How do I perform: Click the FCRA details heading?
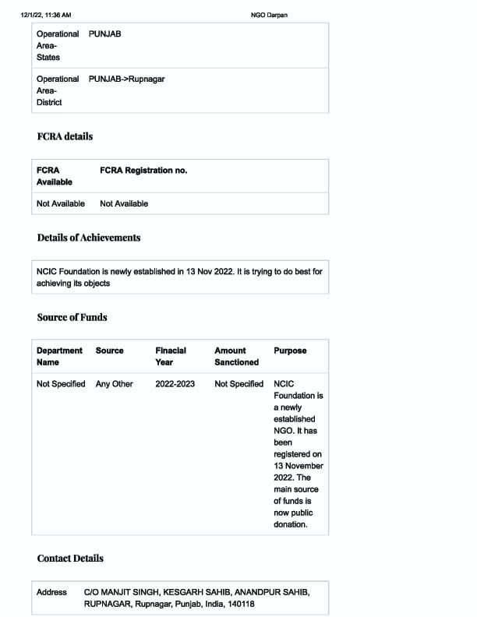(x=65, y=136)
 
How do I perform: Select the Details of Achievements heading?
(x=89, y=238)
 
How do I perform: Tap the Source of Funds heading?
(x=72, y=317)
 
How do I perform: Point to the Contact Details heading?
(x=70, y=559)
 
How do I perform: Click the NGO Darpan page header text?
(x=269, y=16)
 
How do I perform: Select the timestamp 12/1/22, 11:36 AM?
(x=46, y=16)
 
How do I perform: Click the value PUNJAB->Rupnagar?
(x=126, y=79)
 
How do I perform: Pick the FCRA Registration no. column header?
(x=143, y=170)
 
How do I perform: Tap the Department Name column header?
(x=59, y=356)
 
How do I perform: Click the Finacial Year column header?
(x=171, y=356)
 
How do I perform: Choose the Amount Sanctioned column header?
(x=236, y=356)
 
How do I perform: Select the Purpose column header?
(x=290, y=351)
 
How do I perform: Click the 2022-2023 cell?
(x=175, y=384)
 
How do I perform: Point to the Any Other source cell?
(x=114, y=384)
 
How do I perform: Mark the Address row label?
(x=51, y=592)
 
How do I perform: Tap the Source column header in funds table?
(x=109, y=351)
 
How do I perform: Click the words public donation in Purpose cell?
(x=294, y=519)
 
